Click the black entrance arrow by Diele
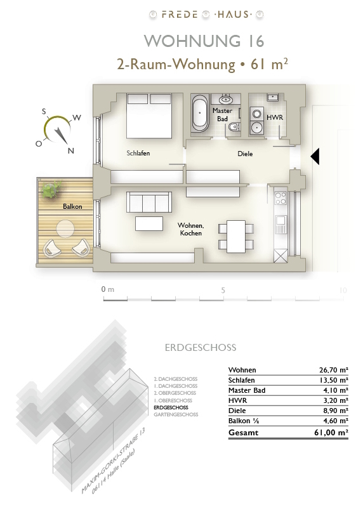(x=315, y=157)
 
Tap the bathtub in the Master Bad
(x=200, y=113)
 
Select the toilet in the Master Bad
(x=234, y=127)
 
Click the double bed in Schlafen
(x=149, y=116)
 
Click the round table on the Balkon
(x=65, y=229)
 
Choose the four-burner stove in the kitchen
(x=280, y=198)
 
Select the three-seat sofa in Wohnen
(x=149, y=201)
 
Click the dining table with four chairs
(x=236, y=236)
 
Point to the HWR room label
(x=275, y=117)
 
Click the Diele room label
(x=245, y=154)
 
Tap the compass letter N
(x=71, y=150)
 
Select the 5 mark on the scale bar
(x=223, y=291)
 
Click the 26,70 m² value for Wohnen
(x=334, y=370)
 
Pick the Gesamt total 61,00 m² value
(x=331, y=432)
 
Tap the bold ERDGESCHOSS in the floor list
(x=171, y=407)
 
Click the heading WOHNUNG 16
(x=204, y=41)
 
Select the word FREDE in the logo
(x=180, y=15)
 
